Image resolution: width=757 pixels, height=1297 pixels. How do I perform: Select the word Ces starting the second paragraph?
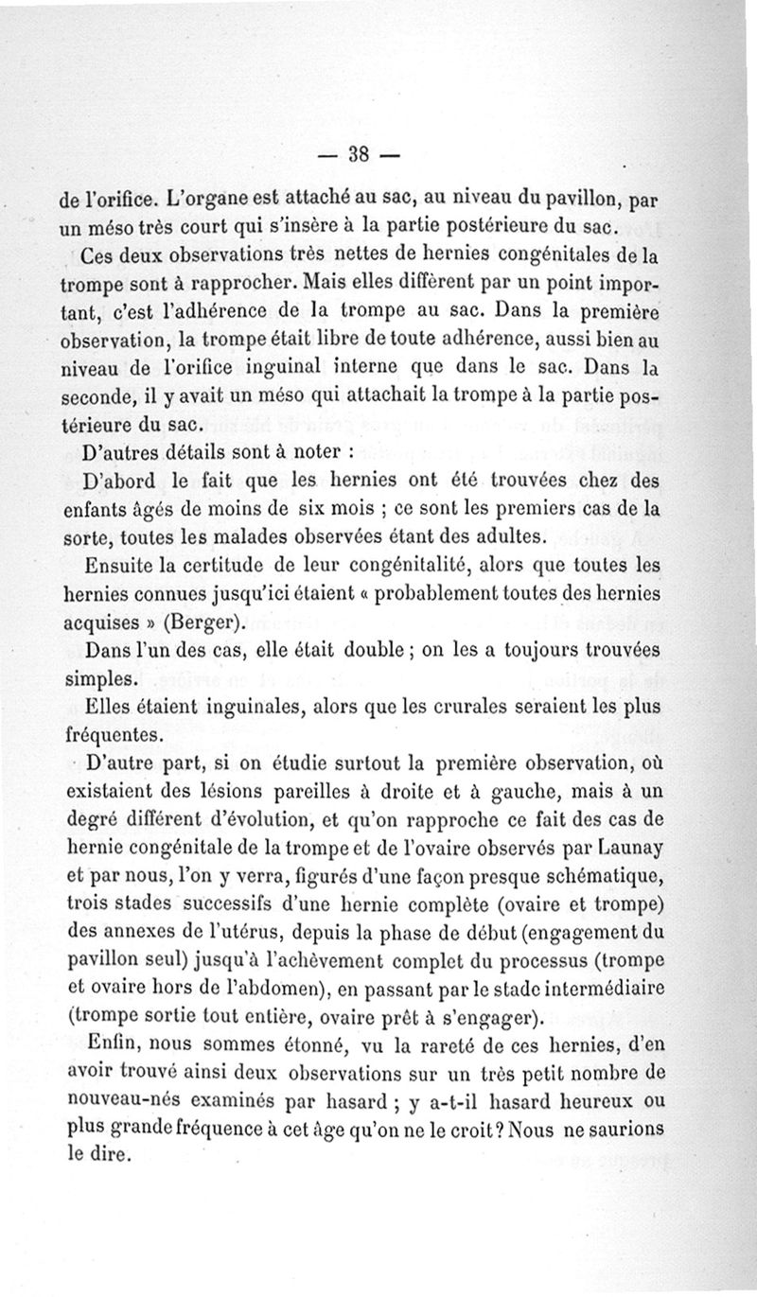tap(97, 255)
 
